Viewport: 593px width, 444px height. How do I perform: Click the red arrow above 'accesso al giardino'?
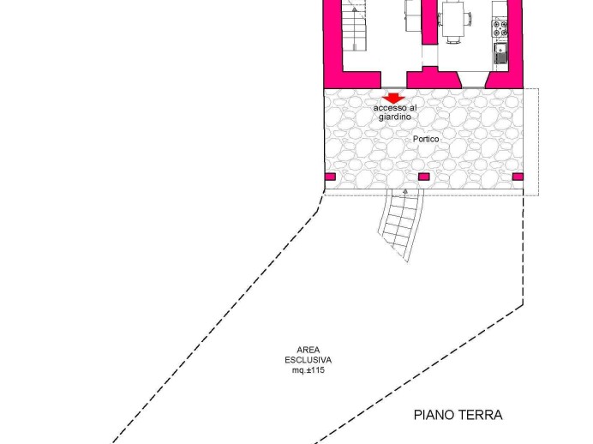393,99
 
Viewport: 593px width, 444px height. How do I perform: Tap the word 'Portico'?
426,139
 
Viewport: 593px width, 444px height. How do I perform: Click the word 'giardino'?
395,117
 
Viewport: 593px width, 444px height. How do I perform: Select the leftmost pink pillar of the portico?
330,177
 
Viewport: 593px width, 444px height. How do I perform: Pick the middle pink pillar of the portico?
424,177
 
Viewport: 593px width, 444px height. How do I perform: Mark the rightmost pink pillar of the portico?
518,177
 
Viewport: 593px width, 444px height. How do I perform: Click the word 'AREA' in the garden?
308,350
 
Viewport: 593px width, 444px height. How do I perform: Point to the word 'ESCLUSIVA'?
308,360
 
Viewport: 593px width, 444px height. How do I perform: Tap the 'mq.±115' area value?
308,370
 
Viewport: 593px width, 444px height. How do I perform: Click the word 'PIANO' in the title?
435,415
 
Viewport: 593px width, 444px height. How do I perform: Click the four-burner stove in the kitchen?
500,29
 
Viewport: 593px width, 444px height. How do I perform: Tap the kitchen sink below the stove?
500,53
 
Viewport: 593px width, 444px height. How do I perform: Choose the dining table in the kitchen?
452,19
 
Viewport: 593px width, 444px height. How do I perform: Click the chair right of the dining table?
468,19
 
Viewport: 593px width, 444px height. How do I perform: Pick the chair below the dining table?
452,39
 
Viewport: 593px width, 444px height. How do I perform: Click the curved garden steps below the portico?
401,225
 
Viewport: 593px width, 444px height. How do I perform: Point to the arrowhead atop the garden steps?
405,192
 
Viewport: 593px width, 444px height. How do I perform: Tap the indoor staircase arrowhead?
355,9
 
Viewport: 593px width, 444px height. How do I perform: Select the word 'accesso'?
390,108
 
